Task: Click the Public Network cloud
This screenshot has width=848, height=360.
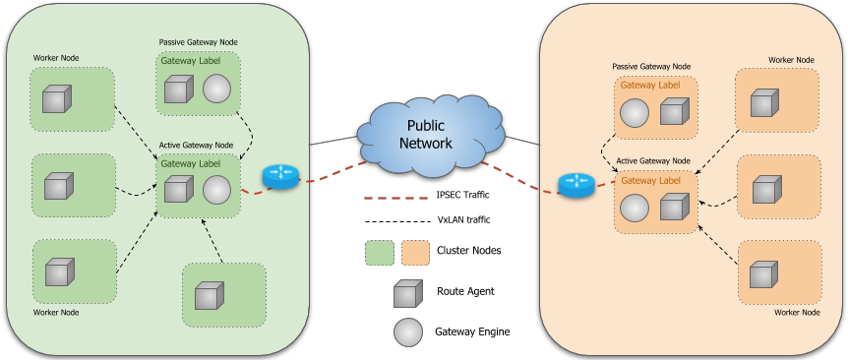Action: coord(430,135)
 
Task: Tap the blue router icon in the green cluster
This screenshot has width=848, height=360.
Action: coord(280,177)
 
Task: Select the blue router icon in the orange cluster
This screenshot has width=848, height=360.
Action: coord(576,185)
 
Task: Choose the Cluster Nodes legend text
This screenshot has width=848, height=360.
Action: coord(469,250)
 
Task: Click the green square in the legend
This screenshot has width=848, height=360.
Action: coord(380,253)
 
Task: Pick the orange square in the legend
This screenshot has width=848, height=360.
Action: coord(415,253)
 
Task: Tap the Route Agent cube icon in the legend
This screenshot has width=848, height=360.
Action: coord(408,294)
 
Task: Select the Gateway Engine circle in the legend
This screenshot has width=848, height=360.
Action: coord(408,331)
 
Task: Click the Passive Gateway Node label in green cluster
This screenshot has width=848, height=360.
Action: coord(198,41)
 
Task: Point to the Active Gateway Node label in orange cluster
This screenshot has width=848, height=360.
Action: coord(653,160)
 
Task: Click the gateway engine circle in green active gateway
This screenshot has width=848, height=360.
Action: coord(216,190)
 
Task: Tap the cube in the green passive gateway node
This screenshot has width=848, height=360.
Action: coord(178,90)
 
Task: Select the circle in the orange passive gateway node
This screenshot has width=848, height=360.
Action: coord(635,113)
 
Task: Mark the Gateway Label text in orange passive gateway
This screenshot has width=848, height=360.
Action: coord(650,85)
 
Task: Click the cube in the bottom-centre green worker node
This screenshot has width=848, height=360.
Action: coord(210,295)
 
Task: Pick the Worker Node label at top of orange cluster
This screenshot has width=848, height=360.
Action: coord(791,60)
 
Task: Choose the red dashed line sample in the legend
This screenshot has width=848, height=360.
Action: coord(394,198)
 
